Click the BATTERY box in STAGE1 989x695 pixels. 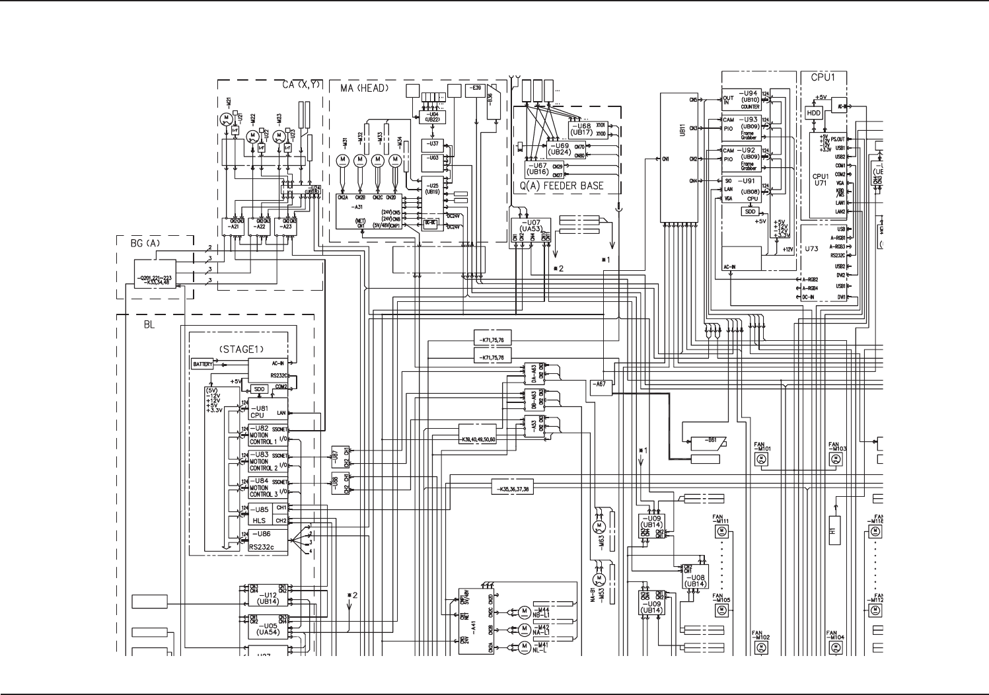click(203, 364)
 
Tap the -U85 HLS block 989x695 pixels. click(268, 515)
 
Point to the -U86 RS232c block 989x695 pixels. click(268, 540)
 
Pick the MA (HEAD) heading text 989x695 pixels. click(365, 87)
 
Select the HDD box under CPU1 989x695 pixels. click(814, 113)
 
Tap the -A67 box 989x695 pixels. click(601, 384)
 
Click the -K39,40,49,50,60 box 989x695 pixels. click(478, 439)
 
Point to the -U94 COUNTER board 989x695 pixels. click(741, 100)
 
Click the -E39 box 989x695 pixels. click(475, 90)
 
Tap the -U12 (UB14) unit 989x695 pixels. click(268, 599)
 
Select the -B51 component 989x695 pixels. click(708, 443)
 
